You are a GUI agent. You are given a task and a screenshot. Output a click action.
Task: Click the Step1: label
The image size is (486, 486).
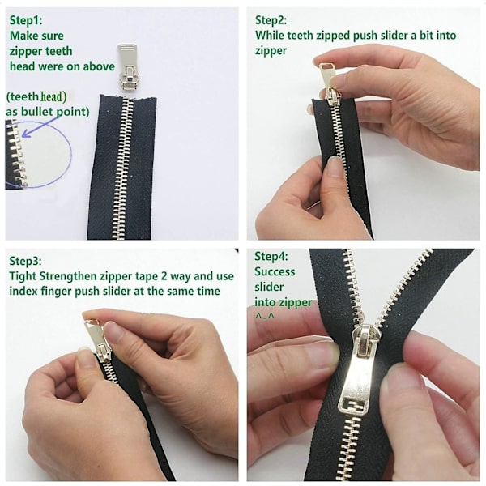[x=26, y=20]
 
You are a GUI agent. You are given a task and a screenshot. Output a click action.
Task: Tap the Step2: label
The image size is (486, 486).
[x=271, y=20]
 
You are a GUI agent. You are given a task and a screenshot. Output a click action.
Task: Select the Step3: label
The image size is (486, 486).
[x=25, y=261]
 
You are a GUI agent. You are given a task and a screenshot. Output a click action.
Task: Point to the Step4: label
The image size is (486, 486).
[x=271, y=256]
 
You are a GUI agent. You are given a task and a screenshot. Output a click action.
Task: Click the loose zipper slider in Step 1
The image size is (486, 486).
[x=128, y=67]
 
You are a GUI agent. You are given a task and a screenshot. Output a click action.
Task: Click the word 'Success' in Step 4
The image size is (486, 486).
[x=275, y=271]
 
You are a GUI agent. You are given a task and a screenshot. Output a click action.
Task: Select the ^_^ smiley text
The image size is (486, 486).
[x=264, y=316]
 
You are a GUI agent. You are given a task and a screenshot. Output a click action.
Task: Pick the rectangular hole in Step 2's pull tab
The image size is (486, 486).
[x=326, y=66]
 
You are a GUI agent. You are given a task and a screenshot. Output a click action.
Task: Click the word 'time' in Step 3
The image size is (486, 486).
[x=209, y=291]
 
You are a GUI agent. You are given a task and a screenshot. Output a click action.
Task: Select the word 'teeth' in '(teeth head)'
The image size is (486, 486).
[x=25, y=96]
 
